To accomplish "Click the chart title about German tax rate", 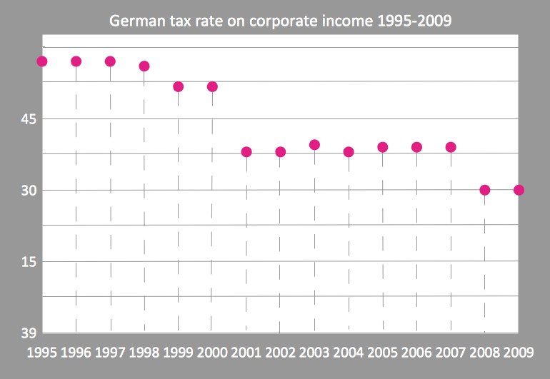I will click(x=280, y=20).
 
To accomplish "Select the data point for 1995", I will click(x=41, y=61).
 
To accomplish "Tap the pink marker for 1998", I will click(x=144, y=66).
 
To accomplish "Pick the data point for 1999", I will click(x=179, y=86).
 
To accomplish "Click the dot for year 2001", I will click(x=246, y=152).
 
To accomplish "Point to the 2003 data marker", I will click(x=314, y=145).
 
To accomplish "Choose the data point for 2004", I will click(x=349, y=152).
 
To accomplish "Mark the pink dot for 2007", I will click(x=451, y=147).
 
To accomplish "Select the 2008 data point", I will click(x=485, y=190).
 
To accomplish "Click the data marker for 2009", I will click(x=519, y=190).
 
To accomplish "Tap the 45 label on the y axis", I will click(x=27, y=119).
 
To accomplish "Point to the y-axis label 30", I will click(x=27, y=191).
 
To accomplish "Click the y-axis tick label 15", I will click(x=27, y=262).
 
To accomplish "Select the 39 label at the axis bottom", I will click(x=27, y=333).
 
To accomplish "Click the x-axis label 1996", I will click(x=76, y=352).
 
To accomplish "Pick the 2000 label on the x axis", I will click(x=212, y=352).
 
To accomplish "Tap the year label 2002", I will click(x=280, y=352).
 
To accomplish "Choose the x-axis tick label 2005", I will click(x=382, y=352).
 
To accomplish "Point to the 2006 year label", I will click(x=416, y=352).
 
